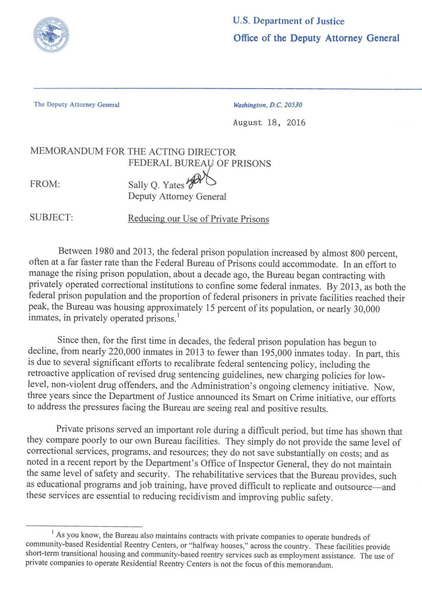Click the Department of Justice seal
coord(51,35)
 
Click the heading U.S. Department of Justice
coord(288,21)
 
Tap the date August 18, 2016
coord(269,123)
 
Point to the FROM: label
coord(45,184)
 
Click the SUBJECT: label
coord(51,217)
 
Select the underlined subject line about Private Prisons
coord(198,219)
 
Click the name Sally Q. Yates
coord(156,185)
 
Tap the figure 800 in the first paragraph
coord(358,253)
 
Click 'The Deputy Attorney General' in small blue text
coord(77,104)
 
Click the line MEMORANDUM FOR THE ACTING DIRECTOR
coord(133,152)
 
